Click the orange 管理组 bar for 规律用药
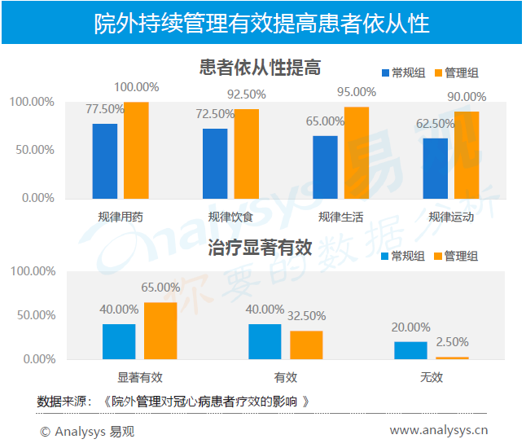click(x=136, y=150)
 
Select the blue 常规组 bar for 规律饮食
click(x=215, y=163)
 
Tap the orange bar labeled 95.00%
click(x=356, y=152)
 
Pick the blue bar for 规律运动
click(x=436, y=168)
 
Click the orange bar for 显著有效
click(x=160, y=331)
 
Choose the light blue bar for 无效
click(x=410, y=350)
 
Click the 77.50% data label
click(x=106, y=109)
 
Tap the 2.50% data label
click(x=452, y=342)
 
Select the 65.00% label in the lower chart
click(x=160, y=288)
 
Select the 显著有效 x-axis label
click(x=140, y=377)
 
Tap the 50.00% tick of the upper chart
click(x=33, y=150)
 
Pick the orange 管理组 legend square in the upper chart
click(x=437, y=72)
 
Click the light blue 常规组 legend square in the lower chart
click(x=384, y=256)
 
